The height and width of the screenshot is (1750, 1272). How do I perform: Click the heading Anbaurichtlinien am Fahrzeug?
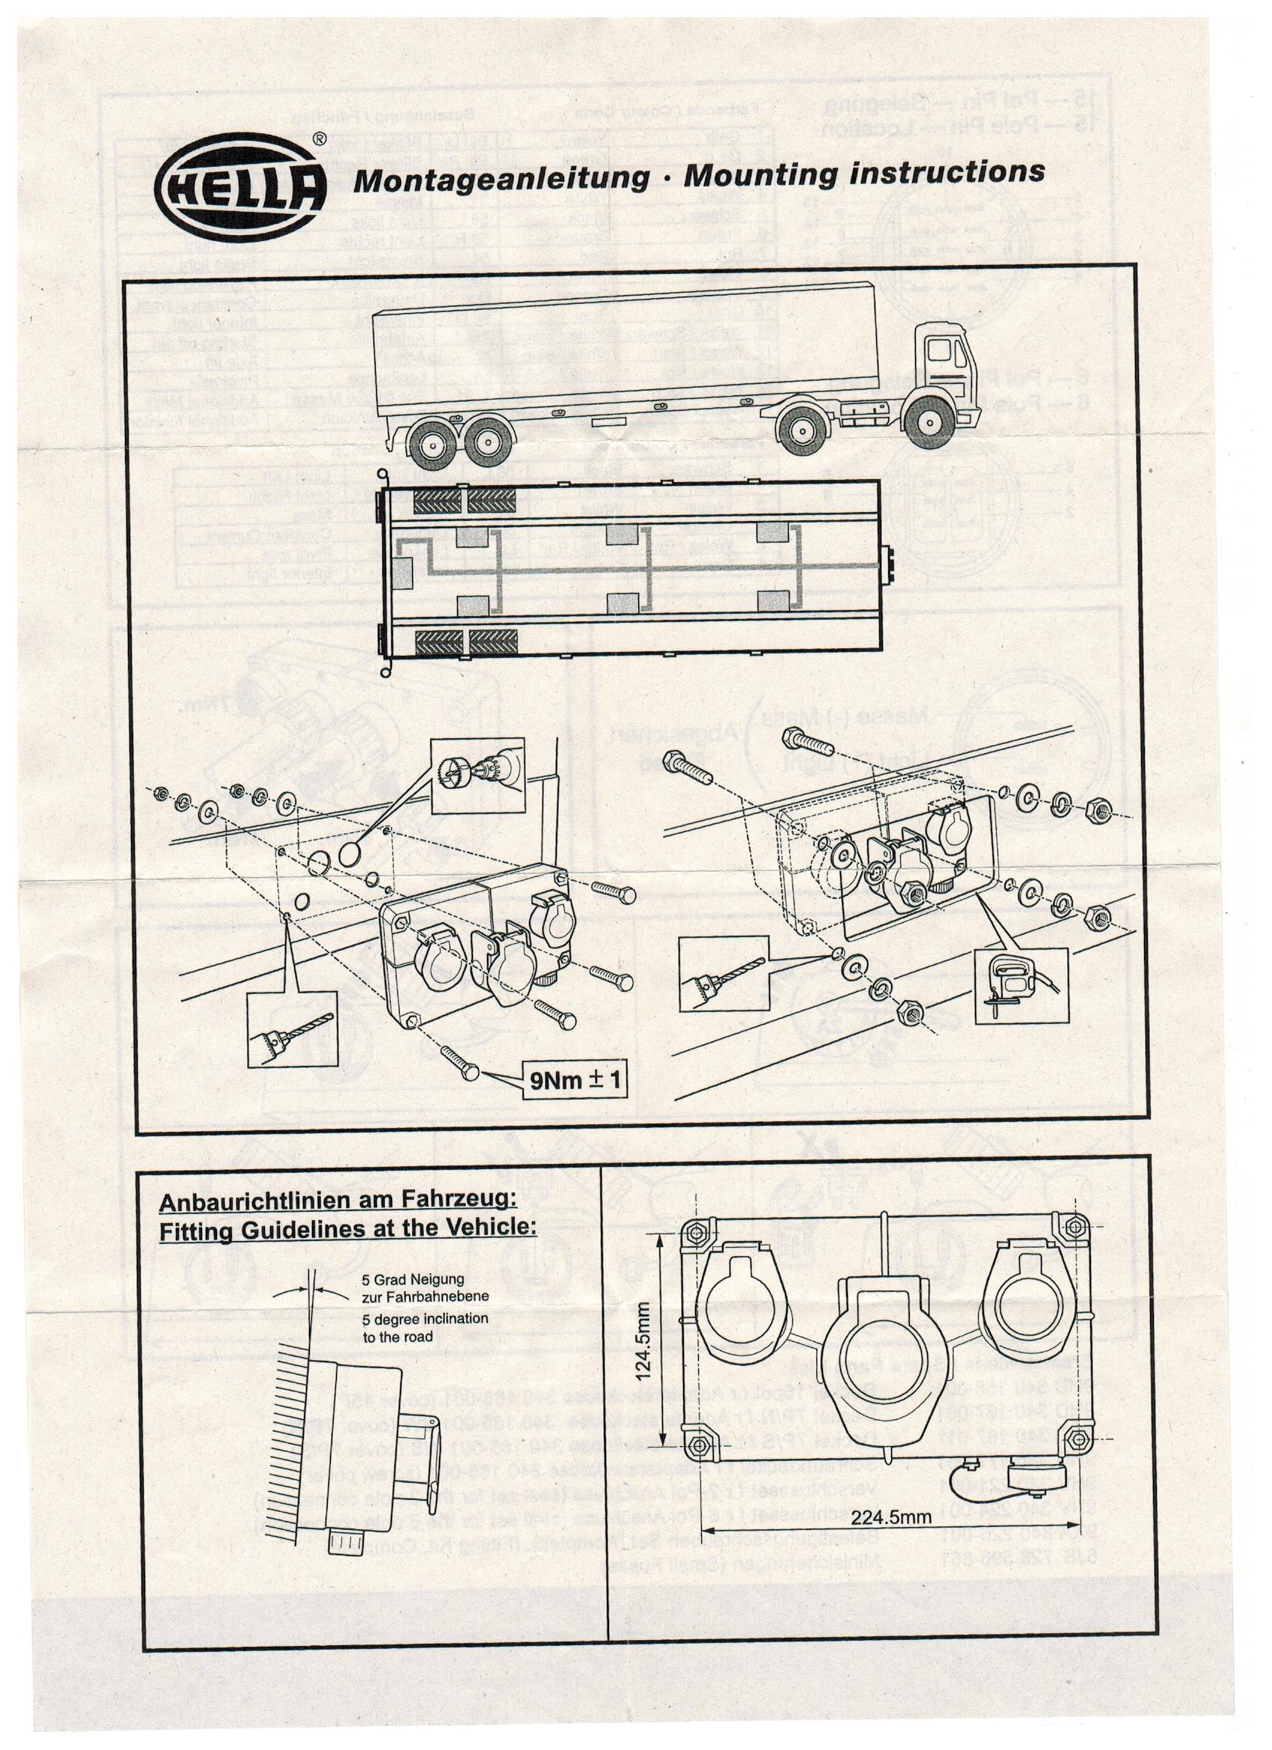coord(337,1201)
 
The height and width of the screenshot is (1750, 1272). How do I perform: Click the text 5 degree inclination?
coord(425,1319)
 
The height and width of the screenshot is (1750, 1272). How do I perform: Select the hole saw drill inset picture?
coord(477,774)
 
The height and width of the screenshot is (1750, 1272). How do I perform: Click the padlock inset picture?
coord(1020,985)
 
